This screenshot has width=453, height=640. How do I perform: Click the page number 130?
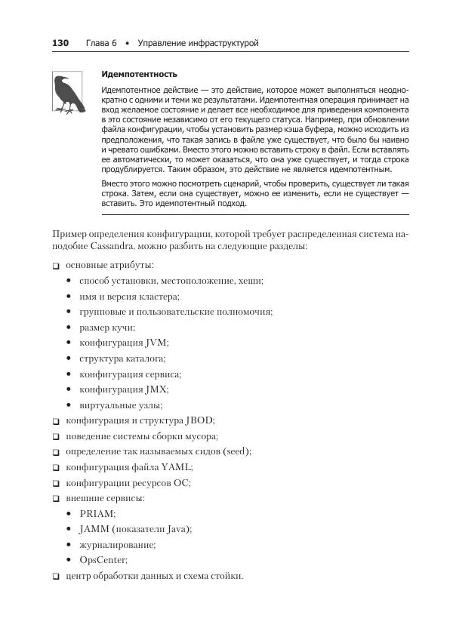click(x=60, y=43)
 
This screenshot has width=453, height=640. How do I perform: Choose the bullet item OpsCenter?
click(x=103, y=560)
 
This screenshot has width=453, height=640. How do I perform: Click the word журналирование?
click(x=117, y=544)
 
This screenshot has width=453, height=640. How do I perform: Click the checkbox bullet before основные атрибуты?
click(x=56, y=266)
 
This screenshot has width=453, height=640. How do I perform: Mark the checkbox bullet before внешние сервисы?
click(x=56, y=499)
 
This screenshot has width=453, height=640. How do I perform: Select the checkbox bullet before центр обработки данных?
click(x=56, y=577)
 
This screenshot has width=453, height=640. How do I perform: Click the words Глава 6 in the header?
click(x=99, y=43)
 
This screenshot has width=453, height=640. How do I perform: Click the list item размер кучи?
click(x=106, y=327)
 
